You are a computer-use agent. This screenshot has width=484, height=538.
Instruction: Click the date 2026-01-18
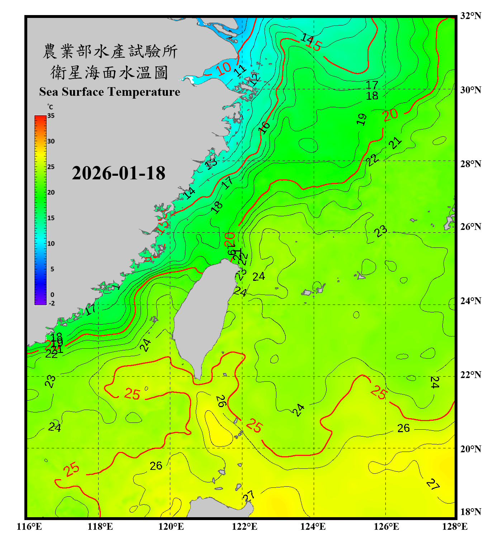118,173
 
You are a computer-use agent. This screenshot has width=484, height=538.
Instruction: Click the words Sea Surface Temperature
110,92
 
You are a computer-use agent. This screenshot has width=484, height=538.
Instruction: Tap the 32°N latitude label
471,16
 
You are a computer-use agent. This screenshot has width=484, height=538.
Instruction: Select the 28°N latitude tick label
471,164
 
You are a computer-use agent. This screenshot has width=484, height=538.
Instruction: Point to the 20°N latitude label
471,449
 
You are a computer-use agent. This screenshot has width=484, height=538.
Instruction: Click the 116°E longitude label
29,527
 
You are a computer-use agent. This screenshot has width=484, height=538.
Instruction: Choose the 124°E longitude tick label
313,527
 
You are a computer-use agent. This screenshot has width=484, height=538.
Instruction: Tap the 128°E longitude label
455,527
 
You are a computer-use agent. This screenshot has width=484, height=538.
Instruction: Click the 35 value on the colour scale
51,116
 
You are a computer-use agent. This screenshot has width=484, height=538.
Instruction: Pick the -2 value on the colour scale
52,303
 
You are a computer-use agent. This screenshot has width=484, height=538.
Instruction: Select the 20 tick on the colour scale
51,193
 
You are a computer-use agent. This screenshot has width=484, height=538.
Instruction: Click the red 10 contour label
224,68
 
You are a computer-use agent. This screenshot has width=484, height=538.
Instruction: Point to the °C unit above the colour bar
50,107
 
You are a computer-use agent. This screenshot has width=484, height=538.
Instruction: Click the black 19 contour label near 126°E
362,119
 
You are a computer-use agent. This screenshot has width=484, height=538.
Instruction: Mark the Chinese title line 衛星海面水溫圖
109,72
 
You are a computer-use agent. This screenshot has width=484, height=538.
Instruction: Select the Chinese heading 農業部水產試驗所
110,51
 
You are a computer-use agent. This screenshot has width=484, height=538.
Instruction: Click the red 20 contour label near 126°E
390,115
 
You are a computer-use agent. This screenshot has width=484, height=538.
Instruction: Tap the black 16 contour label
264,127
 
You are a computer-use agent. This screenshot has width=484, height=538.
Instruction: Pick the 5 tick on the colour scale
52,269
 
